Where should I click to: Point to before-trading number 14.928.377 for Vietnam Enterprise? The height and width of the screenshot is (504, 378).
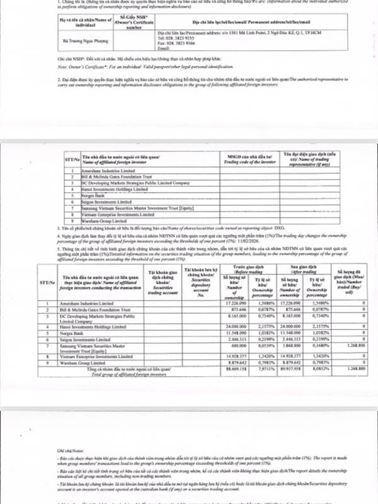point(233,355)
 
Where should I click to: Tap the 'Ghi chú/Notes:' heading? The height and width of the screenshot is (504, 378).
point(62,450)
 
